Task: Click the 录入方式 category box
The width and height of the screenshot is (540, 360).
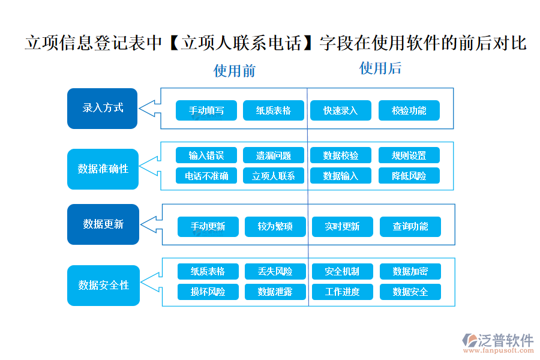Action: click(103, 109)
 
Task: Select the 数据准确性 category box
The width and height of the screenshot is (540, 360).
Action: click(103, 169)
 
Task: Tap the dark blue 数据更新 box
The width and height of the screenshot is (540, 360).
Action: click(103, 224)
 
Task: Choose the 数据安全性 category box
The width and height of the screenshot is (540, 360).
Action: click(103, 286)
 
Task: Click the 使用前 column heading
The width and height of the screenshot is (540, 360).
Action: click(235, 71)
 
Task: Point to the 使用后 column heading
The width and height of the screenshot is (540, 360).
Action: click(380, 68)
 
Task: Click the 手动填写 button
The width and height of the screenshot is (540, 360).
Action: click(206, 110)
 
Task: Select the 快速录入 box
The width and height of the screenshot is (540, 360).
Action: click(340, 110)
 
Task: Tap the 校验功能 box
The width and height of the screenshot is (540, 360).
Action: click(409, 110)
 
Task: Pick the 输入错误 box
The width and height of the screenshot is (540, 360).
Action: click(206, 155)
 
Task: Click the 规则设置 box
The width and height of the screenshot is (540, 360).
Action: click(409, 155)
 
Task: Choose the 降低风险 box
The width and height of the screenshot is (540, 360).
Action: click(409, 176)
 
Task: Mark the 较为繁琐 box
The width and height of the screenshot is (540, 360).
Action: click(275, 227)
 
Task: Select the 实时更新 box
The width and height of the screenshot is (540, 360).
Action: click(343, 227)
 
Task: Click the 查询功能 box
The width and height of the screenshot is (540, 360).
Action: click(410, 227)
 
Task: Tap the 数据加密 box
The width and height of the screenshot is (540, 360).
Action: click(410, 271)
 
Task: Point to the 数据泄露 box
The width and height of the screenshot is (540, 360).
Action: click(275, 292)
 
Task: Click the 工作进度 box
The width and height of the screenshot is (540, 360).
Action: click(343, 292)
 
